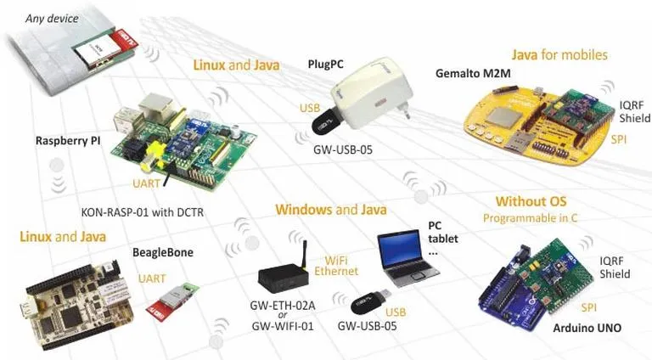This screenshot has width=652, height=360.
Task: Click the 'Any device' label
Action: [52, 19]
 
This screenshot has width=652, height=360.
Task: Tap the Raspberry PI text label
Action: [68, 141]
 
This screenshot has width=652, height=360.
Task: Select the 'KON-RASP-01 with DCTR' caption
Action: [143, 212]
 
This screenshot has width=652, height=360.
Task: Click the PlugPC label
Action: [326, 65]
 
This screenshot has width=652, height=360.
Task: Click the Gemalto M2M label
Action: [473, 74]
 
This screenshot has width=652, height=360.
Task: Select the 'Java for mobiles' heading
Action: [559, 55]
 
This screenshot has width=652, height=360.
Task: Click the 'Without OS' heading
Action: [531, 201]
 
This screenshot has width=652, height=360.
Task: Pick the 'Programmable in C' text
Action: [530, 218]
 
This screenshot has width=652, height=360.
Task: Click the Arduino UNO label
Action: [587, 328]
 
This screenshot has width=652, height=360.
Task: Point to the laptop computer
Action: [407, 259]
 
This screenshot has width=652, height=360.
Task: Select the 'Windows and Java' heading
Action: [331, 210]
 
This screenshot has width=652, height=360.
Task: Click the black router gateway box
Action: [284, 275]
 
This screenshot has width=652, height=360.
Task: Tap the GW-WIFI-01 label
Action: [283, 326]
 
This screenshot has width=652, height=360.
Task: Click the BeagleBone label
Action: [163, 253]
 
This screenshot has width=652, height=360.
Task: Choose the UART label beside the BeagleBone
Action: [152, 278]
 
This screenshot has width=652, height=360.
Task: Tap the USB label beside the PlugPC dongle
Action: [310, 108]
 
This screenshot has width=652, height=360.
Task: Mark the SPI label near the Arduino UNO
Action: [589, 307]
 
